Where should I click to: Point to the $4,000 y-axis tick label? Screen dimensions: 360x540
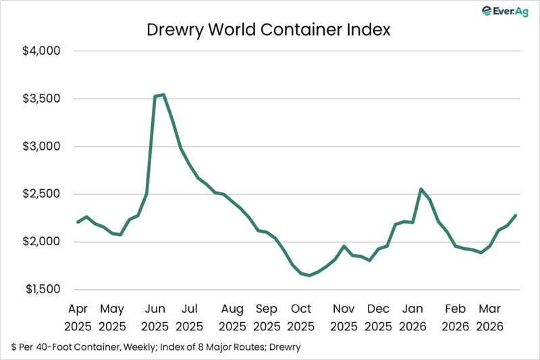42,51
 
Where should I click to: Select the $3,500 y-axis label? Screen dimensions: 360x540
42,99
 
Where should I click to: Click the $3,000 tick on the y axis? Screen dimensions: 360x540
42,147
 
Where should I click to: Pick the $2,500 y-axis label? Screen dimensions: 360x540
42,194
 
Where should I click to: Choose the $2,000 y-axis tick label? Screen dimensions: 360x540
42,242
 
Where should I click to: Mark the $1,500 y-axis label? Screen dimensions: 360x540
42,289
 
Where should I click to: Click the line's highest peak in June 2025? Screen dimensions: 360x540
163,95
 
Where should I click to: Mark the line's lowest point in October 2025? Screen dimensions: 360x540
310,276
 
